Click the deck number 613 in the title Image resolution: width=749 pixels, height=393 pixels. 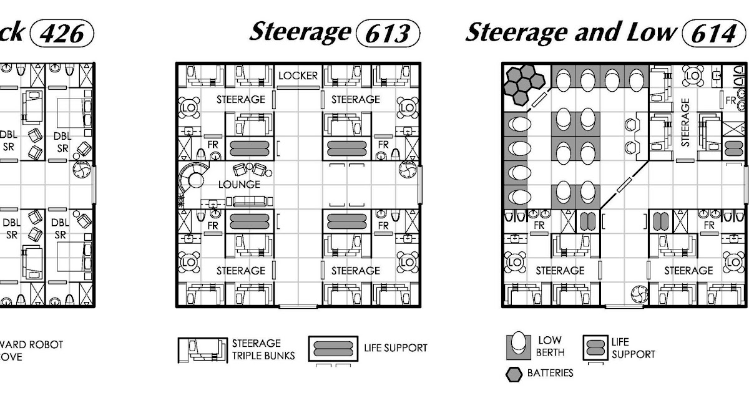click(387, 33)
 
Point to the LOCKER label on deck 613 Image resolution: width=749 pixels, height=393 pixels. click(298, 76)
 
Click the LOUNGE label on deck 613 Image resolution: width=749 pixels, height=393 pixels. click(239, 185)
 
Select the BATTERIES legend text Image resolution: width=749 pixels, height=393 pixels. click(550, 373)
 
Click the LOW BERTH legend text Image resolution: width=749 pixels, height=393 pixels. click(549, 346)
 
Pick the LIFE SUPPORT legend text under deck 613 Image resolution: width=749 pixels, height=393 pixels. click(396, 347)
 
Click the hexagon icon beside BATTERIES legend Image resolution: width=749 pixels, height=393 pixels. click(514, 374)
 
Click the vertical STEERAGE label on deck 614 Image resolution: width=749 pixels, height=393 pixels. click(685, 122)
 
